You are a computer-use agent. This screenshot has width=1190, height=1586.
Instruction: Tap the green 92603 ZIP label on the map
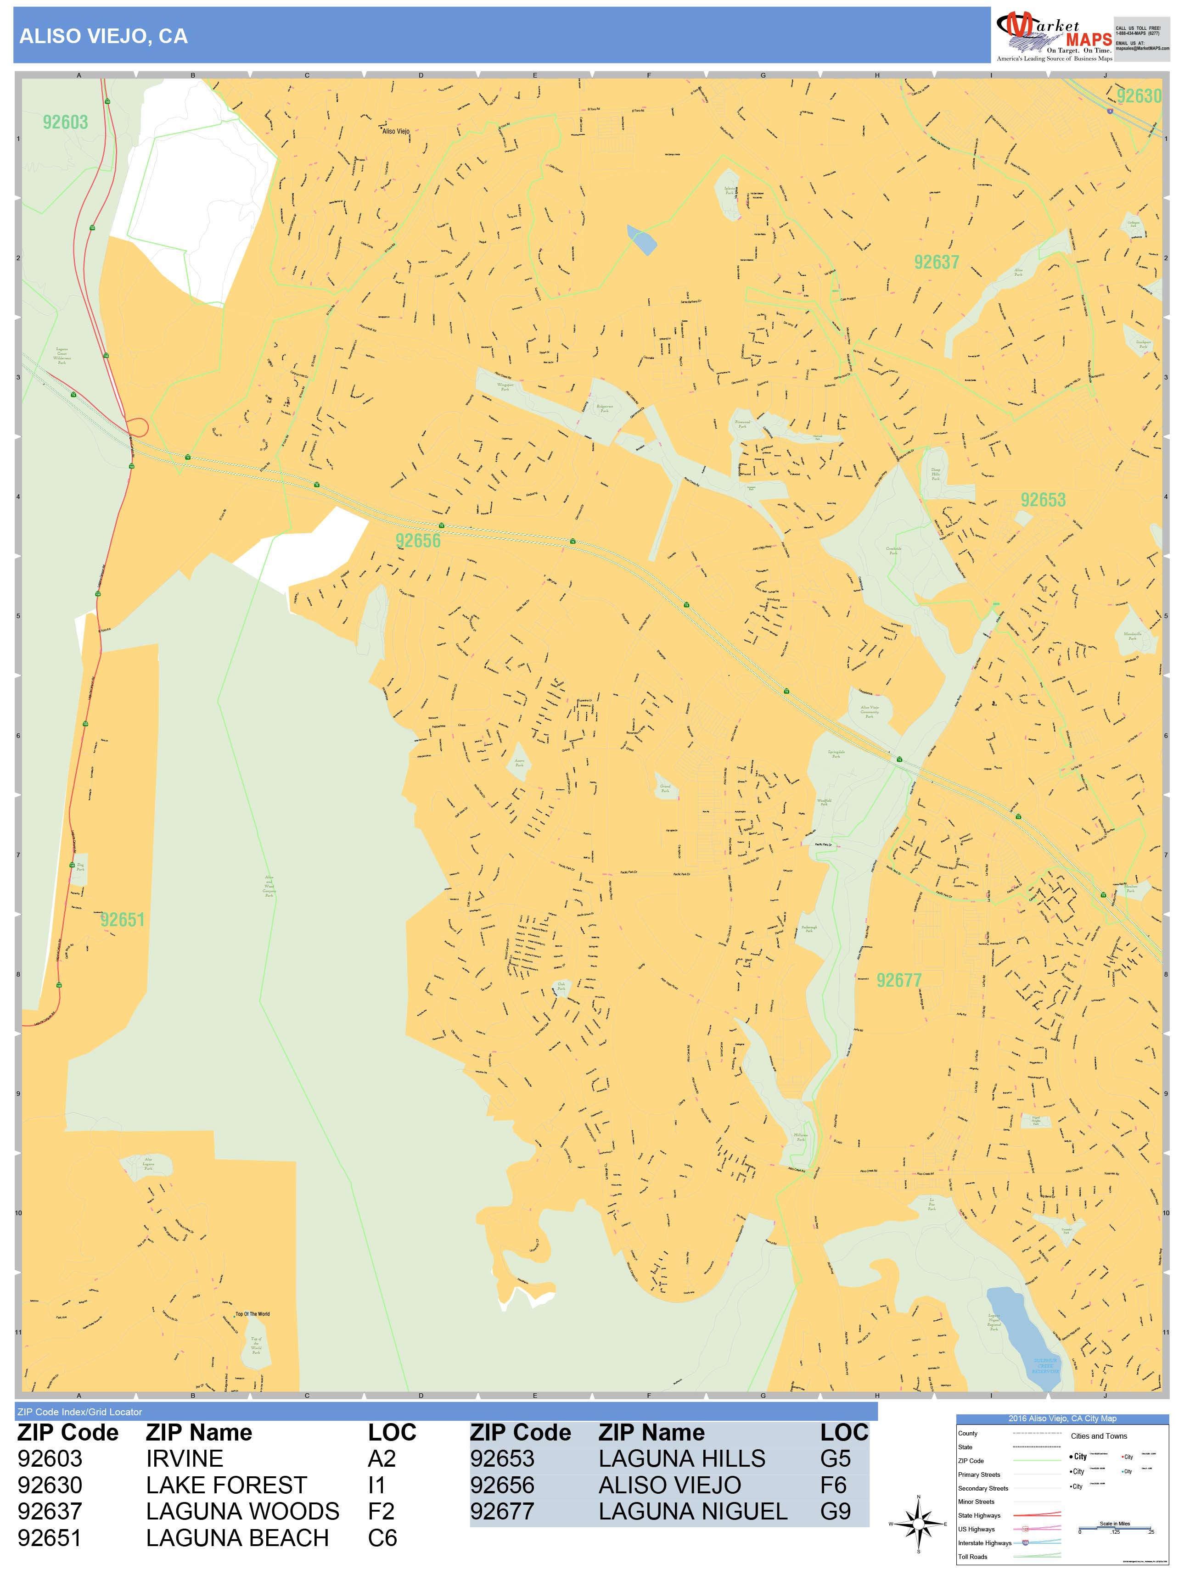coord(65,123)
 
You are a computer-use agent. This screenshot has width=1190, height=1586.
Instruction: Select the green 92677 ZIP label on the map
coord(899,980)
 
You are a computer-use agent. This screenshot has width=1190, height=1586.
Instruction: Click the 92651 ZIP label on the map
coord(122,920)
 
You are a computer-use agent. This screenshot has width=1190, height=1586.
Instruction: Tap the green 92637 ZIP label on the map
coord(936,262)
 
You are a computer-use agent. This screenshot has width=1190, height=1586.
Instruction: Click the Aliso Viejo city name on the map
coord(395,131)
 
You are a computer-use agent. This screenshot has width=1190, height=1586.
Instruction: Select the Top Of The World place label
coord(253,1314)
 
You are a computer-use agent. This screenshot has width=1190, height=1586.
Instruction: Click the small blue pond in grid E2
coord(642,240)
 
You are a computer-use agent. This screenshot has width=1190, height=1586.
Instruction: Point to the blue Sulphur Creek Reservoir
coord(1022,1334)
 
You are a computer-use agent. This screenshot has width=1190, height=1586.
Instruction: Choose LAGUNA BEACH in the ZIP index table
coord(237,1538)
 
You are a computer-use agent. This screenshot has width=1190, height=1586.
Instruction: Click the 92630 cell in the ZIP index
coord(50,1485)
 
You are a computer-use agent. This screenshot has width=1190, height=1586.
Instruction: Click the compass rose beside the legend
coord(918,1524)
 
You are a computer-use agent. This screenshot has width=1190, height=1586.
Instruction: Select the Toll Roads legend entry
coord(973,1557)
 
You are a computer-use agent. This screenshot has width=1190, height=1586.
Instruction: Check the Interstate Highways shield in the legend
coord(1025,1543)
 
